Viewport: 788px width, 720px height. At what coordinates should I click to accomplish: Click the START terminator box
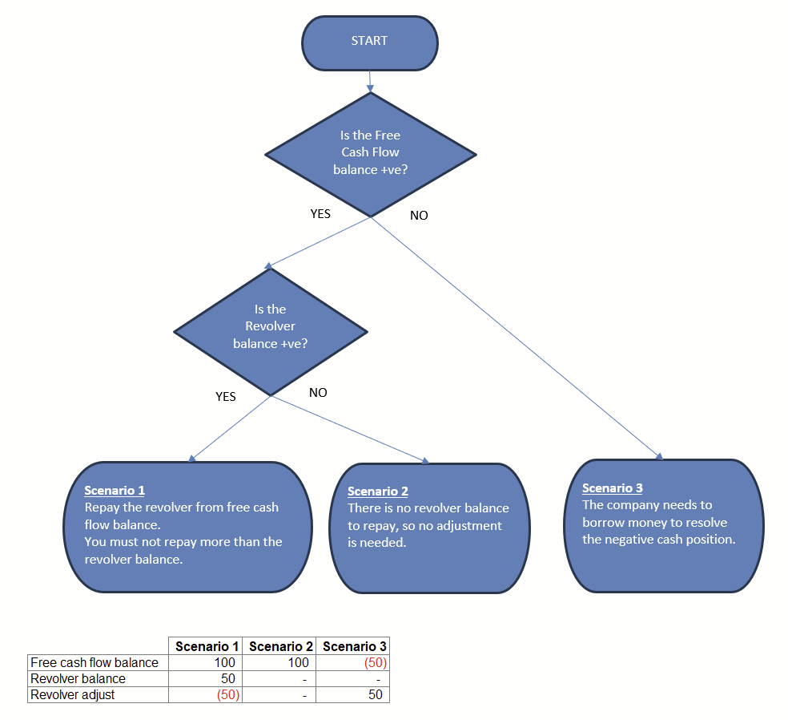click(x=369, y=42)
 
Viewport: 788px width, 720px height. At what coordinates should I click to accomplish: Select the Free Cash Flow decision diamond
click(x=370, y=153)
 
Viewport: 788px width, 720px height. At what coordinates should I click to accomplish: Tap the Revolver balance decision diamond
click(x=270, y=330)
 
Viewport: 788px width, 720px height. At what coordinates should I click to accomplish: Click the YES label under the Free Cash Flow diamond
click(x=320, y=214)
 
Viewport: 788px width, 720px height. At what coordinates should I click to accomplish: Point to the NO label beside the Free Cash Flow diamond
click(x=419, y=216)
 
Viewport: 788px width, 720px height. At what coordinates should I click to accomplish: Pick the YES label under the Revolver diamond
click(x=226, y=397)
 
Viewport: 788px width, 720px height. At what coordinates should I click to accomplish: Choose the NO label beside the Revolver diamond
click(x=318, y=393)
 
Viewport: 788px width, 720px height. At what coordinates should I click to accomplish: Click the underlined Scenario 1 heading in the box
click(x=115, y=491)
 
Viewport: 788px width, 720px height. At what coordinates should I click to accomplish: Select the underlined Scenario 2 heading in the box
click(x=378, y=491)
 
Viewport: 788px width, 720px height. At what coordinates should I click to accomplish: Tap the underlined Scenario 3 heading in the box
click(x=613, y=488)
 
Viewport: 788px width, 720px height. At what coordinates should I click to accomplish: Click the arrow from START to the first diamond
click(x=370, y=82)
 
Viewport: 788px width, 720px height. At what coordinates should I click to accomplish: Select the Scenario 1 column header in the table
click(x=207, y=646)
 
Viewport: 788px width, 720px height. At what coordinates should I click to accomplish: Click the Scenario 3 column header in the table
click(x=353, y=646)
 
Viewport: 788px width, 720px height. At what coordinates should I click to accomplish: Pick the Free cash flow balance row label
click(x=94, y=662)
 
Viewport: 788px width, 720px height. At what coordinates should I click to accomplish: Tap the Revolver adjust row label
click(x=72, y=694)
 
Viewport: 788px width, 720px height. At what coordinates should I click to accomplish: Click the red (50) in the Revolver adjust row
click(x=227, y=694)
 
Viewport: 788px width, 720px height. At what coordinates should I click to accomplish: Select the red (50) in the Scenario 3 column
click(x=374, y=662)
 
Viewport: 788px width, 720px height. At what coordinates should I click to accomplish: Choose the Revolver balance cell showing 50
click(x=227, y=678)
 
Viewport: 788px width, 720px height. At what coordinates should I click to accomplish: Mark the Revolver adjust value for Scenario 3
click(x=375, y=694)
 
